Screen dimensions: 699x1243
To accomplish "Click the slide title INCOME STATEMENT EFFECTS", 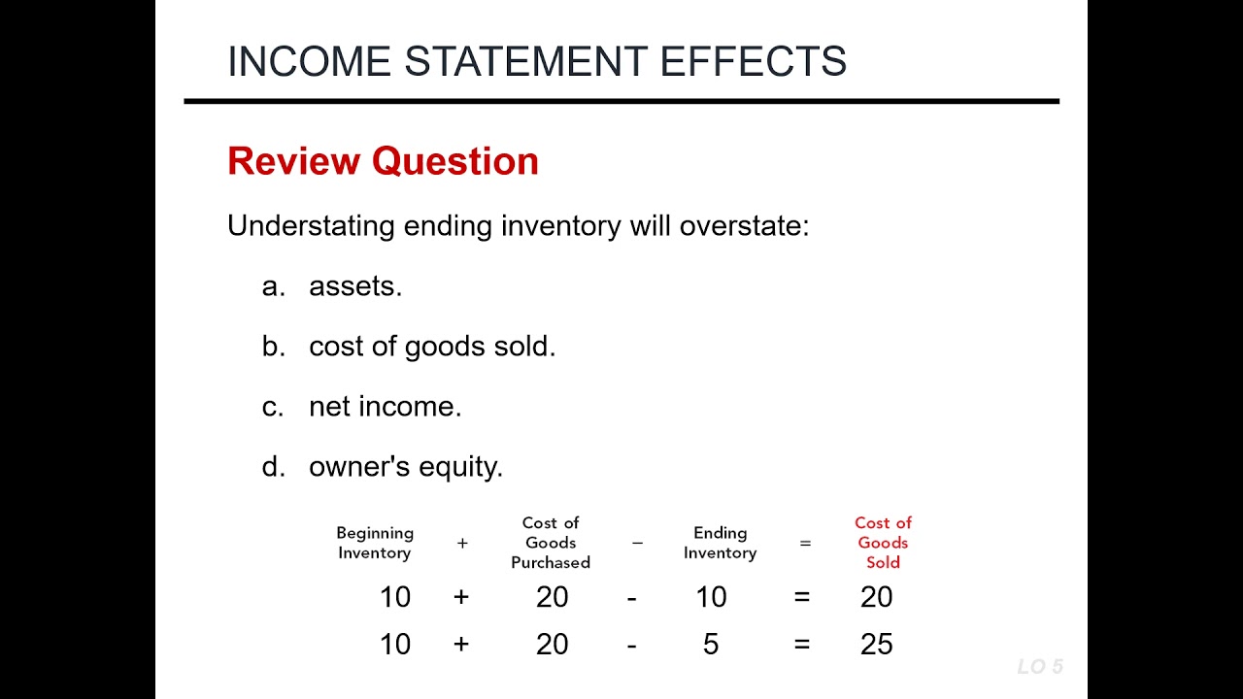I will click(536, 61).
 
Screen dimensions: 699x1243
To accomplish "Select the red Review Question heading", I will click(383, 161).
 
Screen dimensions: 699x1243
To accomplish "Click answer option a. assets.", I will click(354, 286).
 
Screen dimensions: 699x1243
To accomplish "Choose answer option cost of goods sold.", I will click(432, 347).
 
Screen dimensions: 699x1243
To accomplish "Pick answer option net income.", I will click(385, 407).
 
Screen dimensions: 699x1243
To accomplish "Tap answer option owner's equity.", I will click(406, 467).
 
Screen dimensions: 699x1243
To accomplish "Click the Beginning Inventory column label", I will click(375, 543).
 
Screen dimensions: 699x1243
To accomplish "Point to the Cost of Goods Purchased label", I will click(551, 543).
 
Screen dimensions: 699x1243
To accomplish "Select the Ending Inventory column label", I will click(720, 543).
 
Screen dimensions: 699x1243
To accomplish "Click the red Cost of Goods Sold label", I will click(883, 543).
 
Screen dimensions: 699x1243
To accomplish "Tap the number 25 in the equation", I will click(876, 645).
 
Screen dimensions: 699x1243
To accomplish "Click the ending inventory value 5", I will click(711, 645).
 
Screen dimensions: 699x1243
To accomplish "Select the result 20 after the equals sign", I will click(876, 597).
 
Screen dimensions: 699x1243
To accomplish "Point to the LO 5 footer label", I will click(1040, 667).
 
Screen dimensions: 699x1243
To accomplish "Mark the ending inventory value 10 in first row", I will click(711, 597).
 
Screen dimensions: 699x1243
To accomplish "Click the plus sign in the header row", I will click(462, 544).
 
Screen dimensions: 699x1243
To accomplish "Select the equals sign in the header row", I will click(805, 544).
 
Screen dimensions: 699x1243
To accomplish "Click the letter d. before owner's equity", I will click(273, 467).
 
